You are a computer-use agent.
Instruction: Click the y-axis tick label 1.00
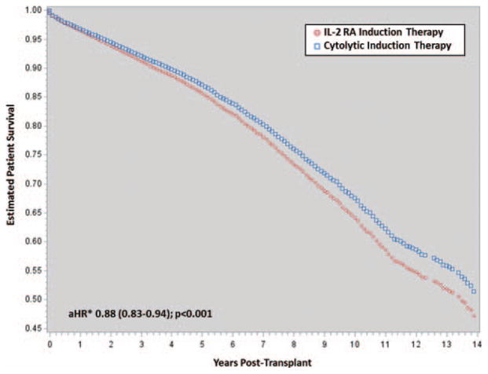click(x=29, y=10)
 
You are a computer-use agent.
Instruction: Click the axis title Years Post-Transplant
click(x=263, y=364)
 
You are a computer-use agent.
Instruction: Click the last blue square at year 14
click(x=474, y=291)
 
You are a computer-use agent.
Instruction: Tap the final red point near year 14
click(x=474, y=316)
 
